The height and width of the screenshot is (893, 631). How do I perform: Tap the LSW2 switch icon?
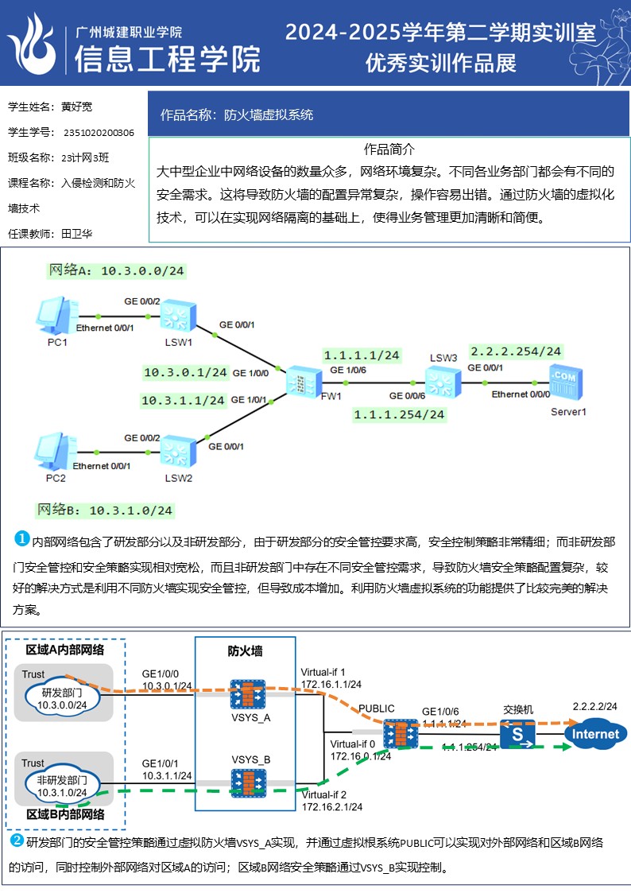coord(178,453)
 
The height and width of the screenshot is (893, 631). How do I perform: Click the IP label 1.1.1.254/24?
coord(399,414)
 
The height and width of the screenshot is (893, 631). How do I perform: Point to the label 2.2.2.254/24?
coord(516,351)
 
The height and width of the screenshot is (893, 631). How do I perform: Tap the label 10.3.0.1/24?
coord(185,372)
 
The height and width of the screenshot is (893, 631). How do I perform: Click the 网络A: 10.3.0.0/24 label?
coord(117,271)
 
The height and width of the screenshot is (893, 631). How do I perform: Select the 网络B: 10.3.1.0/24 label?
coord(104,510)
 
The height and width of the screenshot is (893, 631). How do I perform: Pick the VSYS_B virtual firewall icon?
coord(250,782)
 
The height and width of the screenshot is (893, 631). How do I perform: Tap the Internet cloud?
coord(595,734)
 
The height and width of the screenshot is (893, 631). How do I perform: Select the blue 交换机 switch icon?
coord(517,733)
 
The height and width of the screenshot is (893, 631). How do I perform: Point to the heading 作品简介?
coord(389,149)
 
